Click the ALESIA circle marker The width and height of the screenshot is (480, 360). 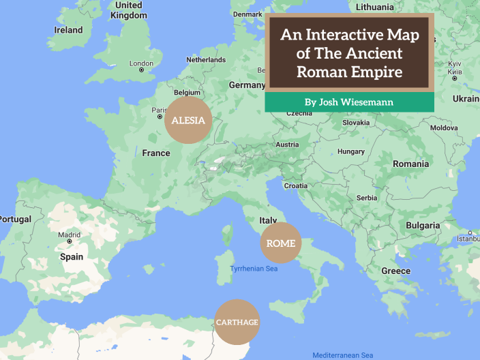tap(188, 120)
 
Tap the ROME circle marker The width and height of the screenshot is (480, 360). tap(281, 243)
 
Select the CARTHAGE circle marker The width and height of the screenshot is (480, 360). tap(237, 322)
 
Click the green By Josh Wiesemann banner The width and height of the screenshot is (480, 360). tap(348, 102)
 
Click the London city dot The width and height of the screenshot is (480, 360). tap(142, 70)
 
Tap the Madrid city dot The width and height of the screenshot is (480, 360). tap(69, 241)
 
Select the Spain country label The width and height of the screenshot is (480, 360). tap(72, 257)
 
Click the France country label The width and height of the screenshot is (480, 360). tap(156, 153)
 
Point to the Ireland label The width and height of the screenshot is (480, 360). tap(68, 30)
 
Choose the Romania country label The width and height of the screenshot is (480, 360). tap(411, 164)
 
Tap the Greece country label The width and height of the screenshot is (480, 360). tap(396, 271)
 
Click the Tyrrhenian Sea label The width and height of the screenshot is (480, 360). tap(254, 269)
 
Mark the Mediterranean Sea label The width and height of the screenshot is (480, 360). tap(343, 355)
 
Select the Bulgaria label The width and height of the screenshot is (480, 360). tap(423, 225)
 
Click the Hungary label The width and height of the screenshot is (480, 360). tap(351, 151)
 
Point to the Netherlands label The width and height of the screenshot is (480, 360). tap(206, 60)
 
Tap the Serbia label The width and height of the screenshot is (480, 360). tap(367, 198)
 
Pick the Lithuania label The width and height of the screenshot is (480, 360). tap(375, 7)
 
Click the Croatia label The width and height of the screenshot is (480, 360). tap(296, 185)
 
